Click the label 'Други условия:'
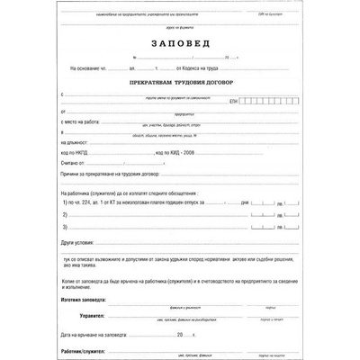coord(78,244)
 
